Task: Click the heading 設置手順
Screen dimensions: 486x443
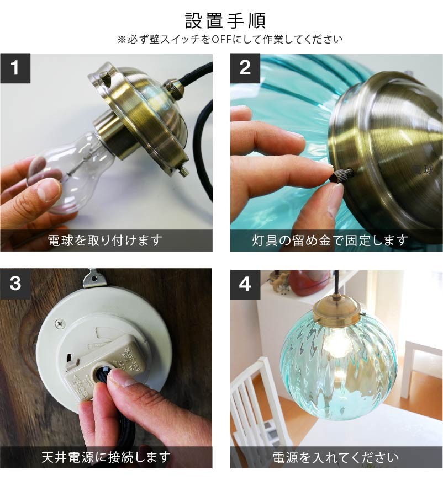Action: [x=225, y=20]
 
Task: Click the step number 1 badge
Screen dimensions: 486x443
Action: [x=15, y=68]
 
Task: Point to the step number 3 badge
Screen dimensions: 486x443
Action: [x=15, y=284]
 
